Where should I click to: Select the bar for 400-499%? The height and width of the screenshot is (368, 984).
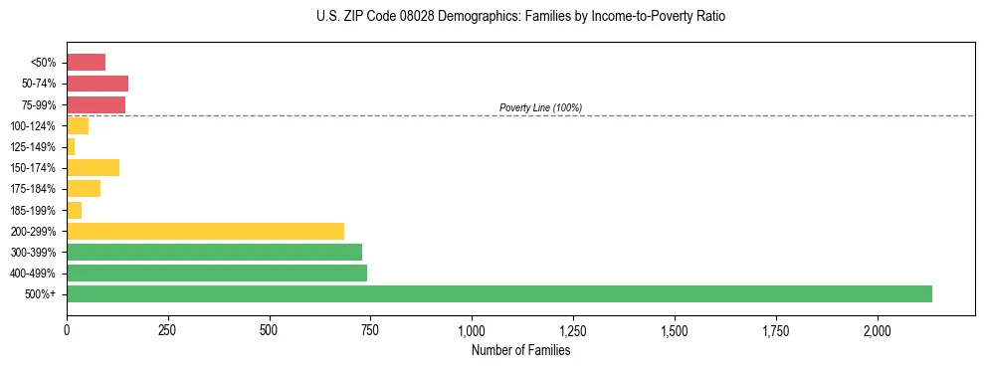pos(217,273)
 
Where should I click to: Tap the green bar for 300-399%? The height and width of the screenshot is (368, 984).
pos(214,252)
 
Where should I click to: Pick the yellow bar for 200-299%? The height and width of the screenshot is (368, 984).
pos(205,231)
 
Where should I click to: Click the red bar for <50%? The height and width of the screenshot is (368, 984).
pos(86,63)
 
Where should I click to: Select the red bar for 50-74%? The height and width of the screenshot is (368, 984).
pos(98,84)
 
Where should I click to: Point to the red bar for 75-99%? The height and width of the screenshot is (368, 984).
pos(96,104)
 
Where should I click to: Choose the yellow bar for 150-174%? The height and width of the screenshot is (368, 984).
pos(93,167)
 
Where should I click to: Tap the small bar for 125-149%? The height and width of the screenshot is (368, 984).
pos(71,146)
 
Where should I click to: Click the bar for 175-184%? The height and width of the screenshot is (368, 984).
pos(84,188)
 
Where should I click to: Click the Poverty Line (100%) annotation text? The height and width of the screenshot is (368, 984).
pos(540,107)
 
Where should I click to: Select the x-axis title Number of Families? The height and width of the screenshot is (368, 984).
pos(520,350)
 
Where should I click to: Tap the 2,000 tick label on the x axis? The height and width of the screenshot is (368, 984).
pos(878,329)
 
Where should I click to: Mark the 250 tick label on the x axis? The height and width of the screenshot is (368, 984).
pos(168,329)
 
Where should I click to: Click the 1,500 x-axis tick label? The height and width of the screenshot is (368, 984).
pos(675,329)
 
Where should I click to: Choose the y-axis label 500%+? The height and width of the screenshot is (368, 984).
pos(41,294)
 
